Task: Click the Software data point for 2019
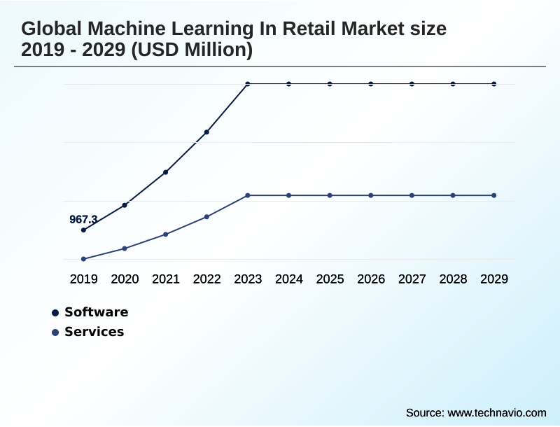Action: (83, 230)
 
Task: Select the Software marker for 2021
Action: (165, 171)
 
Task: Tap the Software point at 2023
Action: (248, 84)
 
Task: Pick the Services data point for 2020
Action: (125, 248)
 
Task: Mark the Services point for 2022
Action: (206, 217)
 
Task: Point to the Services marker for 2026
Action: (371, 195)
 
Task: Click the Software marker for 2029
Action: (494, 84)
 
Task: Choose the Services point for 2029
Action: (494, 195)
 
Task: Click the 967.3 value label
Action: (83, 220)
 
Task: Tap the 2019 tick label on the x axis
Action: (83, 279)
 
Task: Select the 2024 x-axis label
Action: (288, 279)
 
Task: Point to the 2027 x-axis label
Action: (412, 279)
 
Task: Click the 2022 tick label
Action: (206, 279)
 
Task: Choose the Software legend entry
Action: (96, 312)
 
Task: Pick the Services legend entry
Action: (94, 332)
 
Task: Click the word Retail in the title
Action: (306, 29)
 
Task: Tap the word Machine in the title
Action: (126, 29)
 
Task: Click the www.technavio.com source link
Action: (496, 412)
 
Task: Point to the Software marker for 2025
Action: (330, 84)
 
